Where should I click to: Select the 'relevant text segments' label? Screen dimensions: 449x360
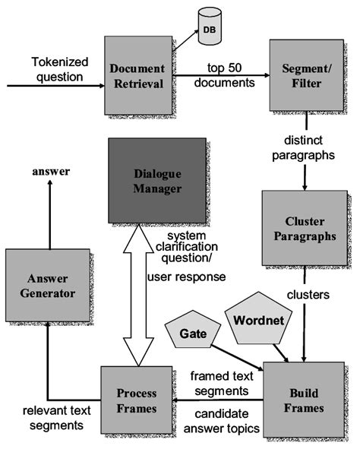click(47, 418)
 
